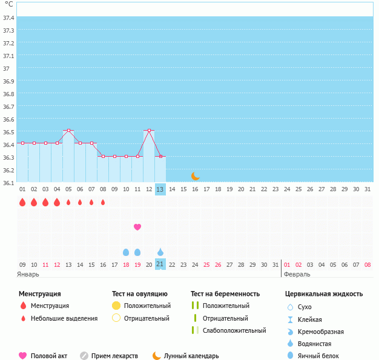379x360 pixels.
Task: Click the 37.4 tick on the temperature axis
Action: (8, 18)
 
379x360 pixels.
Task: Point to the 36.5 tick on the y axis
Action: (8, 132)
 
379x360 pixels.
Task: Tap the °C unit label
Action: (8, 5)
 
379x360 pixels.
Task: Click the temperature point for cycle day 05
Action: (68, 131)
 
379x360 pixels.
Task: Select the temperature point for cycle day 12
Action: (149, 131)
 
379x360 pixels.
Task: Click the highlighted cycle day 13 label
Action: (160, 189)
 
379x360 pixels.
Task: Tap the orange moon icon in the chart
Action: (195, 176)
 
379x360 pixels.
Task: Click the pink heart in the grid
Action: (137, 227)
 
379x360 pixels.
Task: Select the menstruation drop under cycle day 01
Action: (22, 202)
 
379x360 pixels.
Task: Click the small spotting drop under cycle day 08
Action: (103, 202)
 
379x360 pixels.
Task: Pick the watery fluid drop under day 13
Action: (160, 252)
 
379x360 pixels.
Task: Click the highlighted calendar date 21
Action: (160, 264)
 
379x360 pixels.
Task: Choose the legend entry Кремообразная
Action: (321, 332)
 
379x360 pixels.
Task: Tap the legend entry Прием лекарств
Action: (114, 356)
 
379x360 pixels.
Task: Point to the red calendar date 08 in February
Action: (367, 264)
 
